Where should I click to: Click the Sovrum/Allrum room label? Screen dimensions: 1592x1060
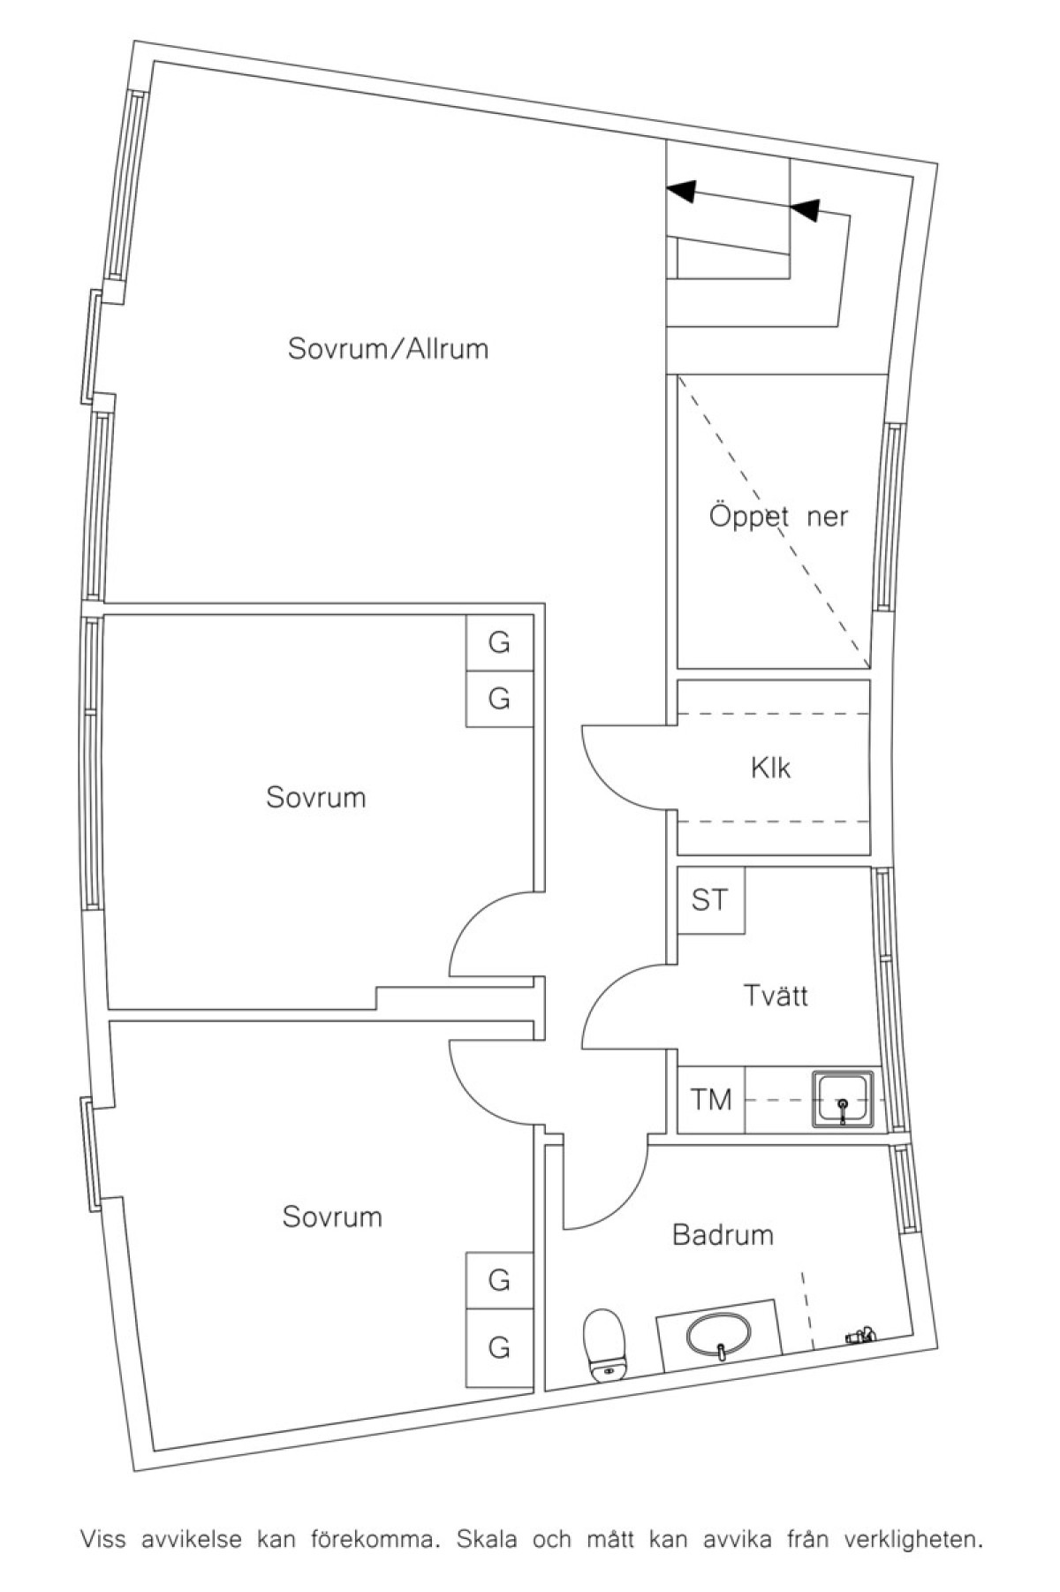coord(388,349)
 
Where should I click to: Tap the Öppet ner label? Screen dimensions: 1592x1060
coord(778,516)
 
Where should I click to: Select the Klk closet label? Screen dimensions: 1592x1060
coord(770,768)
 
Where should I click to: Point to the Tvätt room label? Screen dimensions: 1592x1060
coord(775,996)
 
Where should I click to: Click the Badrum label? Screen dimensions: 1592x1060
coord(723,1234)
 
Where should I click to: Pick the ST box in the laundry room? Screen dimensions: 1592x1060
coord(710,900)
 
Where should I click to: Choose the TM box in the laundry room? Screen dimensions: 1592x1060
coord(710,1100)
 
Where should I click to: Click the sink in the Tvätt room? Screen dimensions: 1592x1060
coord(843,1100)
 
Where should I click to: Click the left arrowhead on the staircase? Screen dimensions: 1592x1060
coord(681,189)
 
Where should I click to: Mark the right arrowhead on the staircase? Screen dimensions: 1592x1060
coord(805,209)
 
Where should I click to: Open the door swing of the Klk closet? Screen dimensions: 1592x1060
coord(623,765)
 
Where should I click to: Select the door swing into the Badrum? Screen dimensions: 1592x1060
coord(605,1184)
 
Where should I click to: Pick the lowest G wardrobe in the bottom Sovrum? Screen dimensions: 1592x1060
coord(499,1347)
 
